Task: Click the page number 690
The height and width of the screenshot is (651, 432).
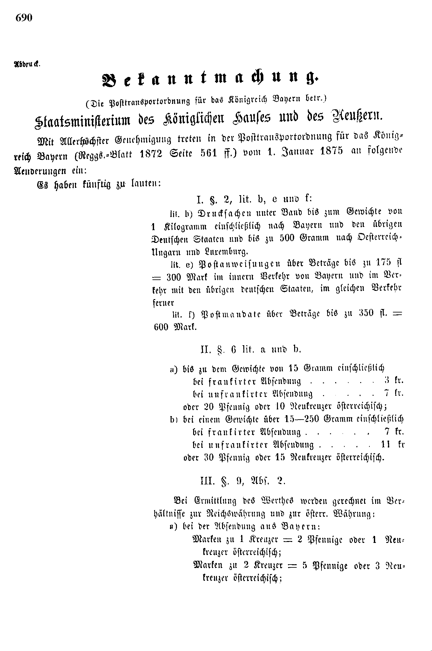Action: pyautogui.click(x=24, y=18)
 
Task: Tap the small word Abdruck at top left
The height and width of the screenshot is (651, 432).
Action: pyautogui.click(x=27, y=64)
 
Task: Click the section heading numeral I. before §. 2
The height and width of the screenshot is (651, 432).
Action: pyautogui.click(x=200, y=200)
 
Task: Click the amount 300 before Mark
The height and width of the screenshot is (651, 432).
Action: pyautogui.click(x=173, y=277)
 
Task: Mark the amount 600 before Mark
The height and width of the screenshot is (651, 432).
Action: pyautogui.click(x=161, y=327)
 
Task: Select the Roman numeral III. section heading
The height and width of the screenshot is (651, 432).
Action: pyautogui.click(x=208, y=481)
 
